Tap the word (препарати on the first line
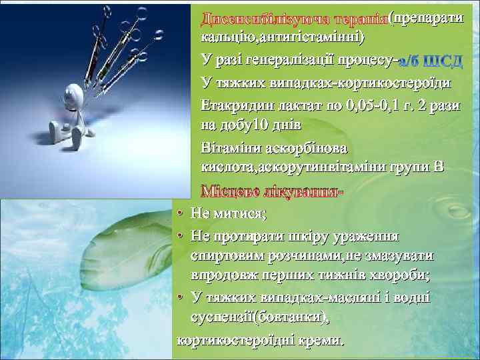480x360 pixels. [x=427, y=15]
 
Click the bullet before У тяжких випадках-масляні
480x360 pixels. [x=181, y=298]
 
